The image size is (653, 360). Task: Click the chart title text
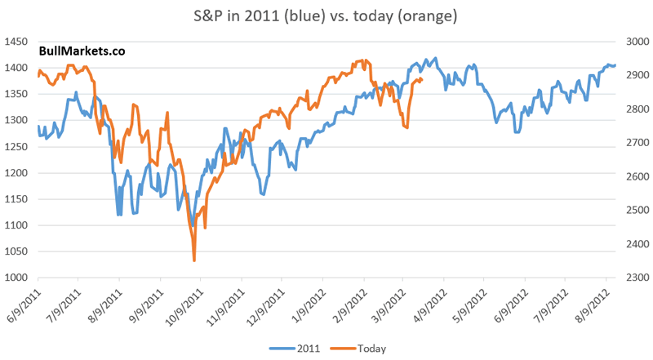[326, 16]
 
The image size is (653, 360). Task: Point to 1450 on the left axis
[16, 42]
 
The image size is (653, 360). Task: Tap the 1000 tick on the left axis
[16, 278]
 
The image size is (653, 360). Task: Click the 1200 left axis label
[16, 173]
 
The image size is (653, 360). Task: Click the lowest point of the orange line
[194, 260]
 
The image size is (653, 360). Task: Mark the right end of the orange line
[421, 80]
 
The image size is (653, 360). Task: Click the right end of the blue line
[615, 65]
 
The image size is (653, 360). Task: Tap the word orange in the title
[413, 16]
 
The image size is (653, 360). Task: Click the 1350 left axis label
[16, 94]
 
